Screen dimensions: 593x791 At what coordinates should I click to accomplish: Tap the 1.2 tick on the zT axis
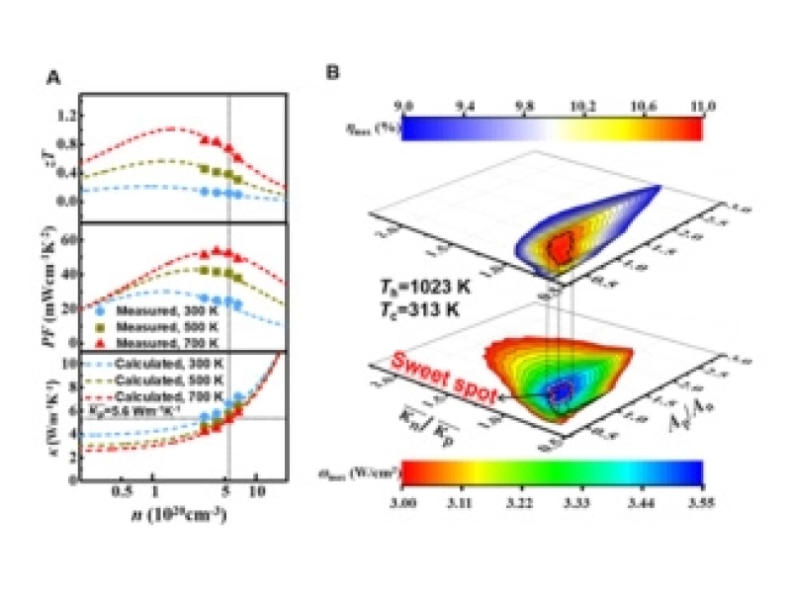(x=67, y=115)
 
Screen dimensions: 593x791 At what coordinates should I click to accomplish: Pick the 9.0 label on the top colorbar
(x=403, y=103)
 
